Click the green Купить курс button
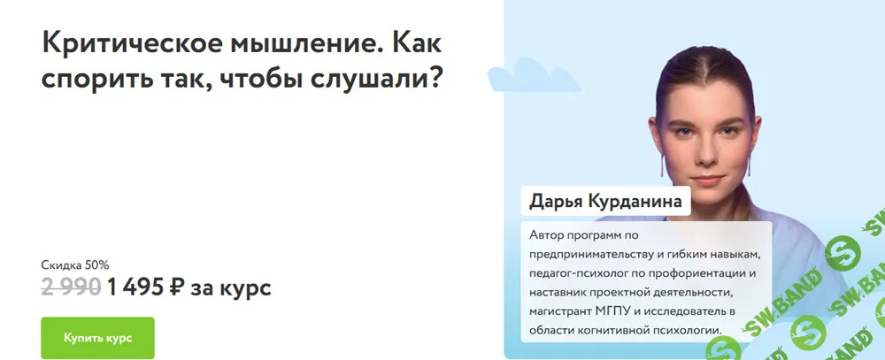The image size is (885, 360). tap(97, 337)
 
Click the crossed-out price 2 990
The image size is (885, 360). tap(71, 287)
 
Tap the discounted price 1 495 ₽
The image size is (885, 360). tap(146, 287)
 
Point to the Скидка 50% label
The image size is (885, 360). tap(75, 264)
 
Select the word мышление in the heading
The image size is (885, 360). tap(296, 43)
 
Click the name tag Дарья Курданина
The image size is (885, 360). tap(605, 201)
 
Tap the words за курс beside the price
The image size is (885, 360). tap(232, 287)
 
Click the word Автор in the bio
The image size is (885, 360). tap(548, 235)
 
